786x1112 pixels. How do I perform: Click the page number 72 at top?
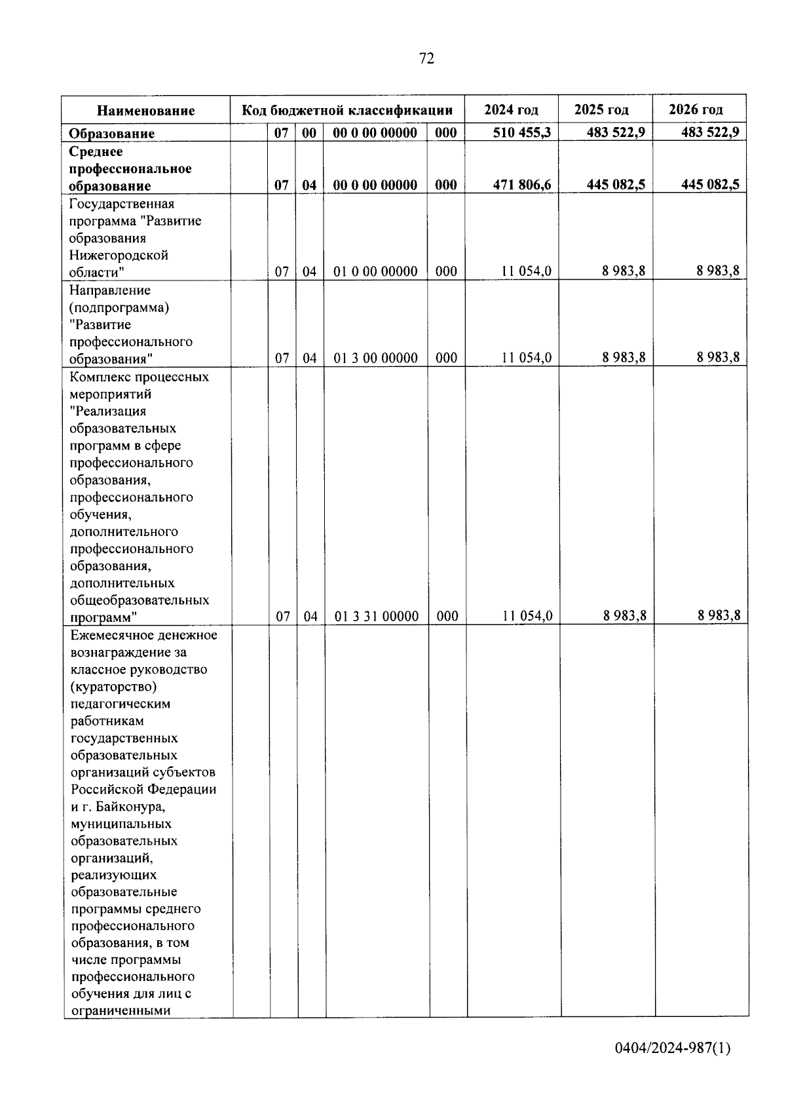click(x=426, y=59)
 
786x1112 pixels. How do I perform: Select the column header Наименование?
click(x=146, y=111)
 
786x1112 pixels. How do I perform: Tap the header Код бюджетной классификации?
click(x=347, y=110)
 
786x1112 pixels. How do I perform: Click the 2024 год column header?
click(x=511, y=109)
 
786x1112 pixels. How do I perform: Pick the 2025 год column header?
click(x=601, y=109)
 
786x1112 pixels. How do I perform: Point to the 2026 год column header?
click(x=696, y=109)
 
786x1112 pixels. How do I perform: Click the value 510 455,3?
click(x=522, y=132)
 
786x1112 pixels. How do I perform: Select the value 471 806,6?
click(x=522, y=185)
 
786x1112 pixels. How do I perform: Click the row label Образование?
click(x=112, y=134)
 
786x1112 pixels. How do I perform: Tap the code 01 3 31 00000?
click(x=377, y=616)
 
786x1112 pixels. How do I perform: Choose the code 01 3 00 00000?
click(x=375, y=358)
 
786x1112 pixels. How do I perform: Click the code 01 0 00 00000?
click(x=375, y=271)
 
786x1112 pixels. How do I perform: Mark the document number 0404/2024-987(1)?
click(x=672, y=1048)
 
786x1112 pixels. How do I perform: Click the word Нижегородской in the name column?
click(x=119, y=256)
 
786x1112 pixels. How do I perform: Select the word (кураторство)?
click(x=113, y=687)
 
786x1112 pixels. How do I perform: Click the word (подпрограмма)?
click(x=119, y=307)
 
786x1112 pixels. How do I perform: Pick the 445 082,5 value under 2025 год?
click(x=616, y=185)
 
